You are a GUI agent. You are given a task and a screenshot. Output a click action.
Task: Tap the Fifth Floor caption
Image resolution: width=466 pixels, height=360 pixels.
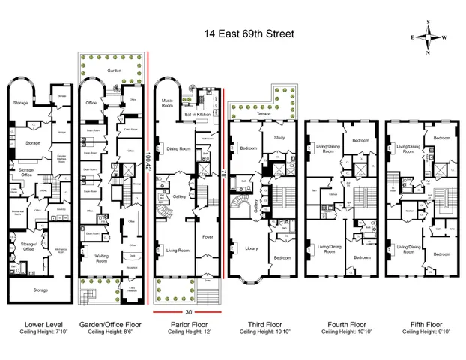[x=416, y=324]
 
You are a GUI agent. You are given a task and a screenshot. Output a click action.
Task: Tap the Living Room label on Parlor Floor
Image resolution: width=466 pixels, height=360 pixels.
[x=177, y=250]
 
